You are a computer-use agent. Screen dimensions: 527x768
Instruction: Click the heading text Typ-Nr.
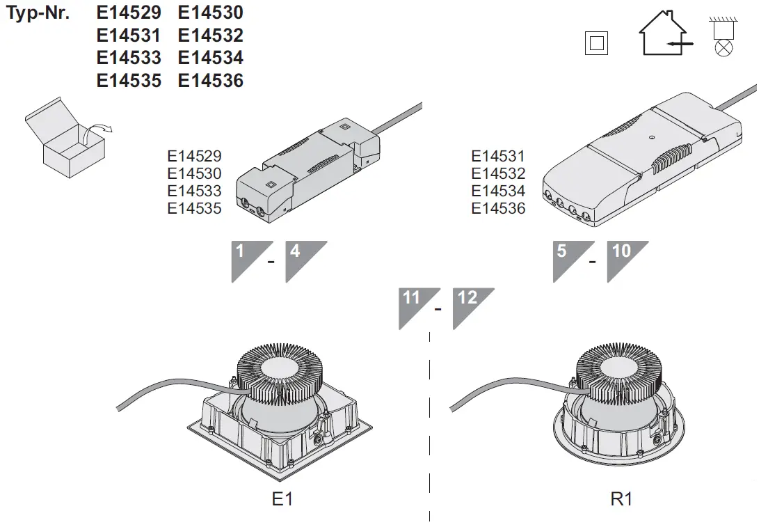[38, 13]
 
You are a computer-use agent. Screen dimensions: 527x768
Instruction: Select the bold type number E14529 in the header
[129, 13]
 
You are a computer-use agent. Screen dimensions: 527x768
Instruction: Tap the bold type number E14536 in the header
[211, 81]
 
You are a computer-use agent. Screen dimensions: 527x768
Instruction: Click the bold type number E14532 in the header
[211, 36]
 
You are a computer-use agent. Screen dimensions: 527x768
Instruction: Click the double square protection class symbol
[597, 42]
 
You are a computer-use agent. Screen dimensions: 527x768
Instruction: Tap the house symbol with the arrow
[664, 34]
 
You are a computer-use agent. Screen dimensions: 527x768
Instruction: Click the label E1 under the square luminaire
[282, 499]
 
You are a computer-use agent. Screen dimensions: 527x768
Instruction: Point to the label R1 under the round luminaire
[621, 499]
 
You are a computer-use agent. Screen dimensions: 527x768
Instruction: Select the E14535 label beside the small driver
[194, 208]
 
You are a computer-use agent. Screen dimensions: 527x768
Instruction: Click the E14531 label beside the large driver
[498, 157]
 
